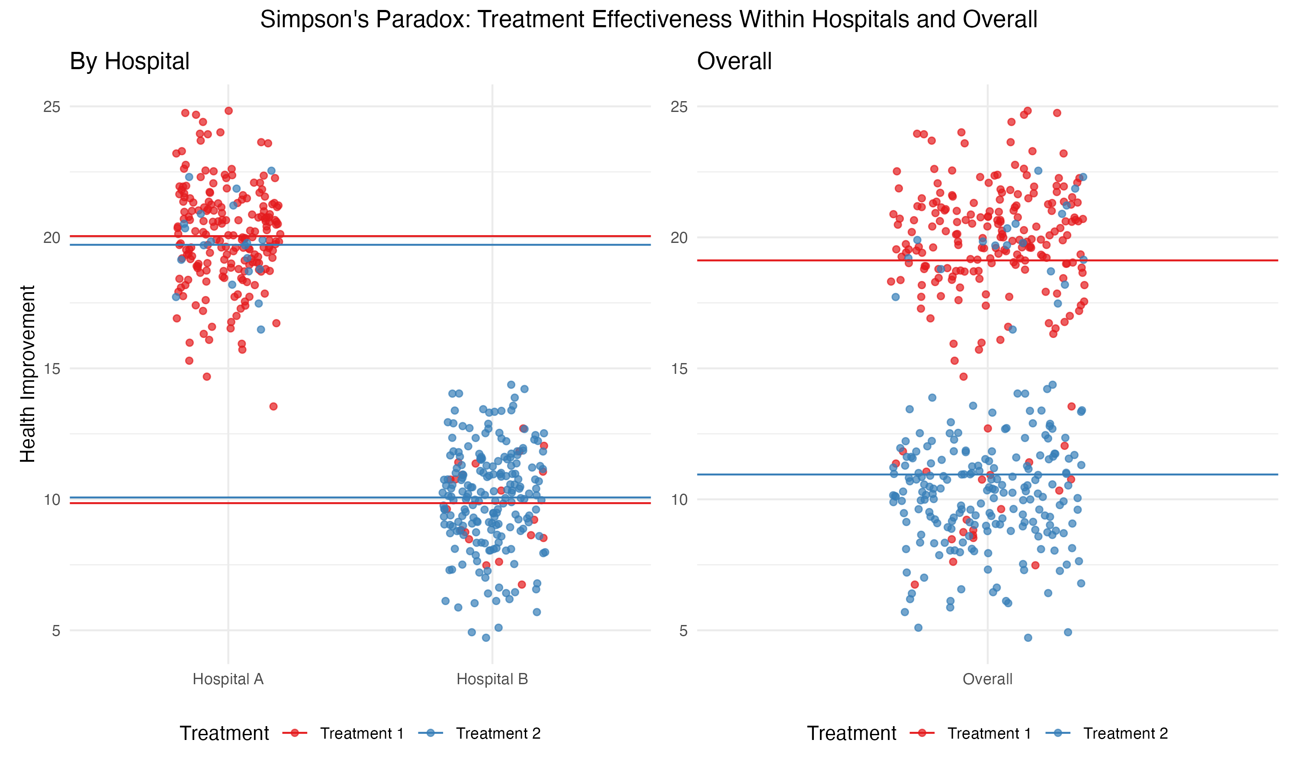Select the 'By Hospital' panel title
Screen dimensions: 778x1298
(130, 61)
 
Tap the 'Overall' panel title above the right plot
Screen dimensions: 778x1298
(734, 61)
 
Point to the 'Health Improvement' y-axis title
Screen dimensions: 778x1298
(27, 373)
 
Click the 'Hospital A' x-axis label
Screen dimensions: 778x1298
(228, 679)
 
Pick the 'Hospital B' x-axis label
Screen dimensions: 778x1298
(492, 679)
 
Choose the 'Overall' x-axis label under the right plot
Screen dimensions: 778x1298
(987, 679)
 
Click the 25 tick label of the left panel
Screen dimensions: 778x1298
(52, 107)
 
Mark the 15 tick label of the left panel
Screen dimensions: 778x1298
(52, 369)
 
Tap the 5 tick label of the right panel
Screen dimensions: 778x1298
(683, 631)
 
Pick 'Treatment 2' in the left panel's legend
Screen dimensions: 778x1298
(498, 733)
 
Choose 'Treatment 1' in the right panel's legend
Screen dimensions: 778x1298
(989, 733)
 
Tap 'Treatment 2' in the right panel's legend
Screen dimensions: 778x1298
(1125, 733)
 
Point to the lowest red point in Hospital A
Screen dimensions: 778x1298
(273, 406)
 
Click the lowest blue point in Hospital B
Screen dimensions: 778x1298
(486, 638)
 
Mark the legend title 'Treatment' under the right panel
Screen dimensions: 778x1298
(851, 733)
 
